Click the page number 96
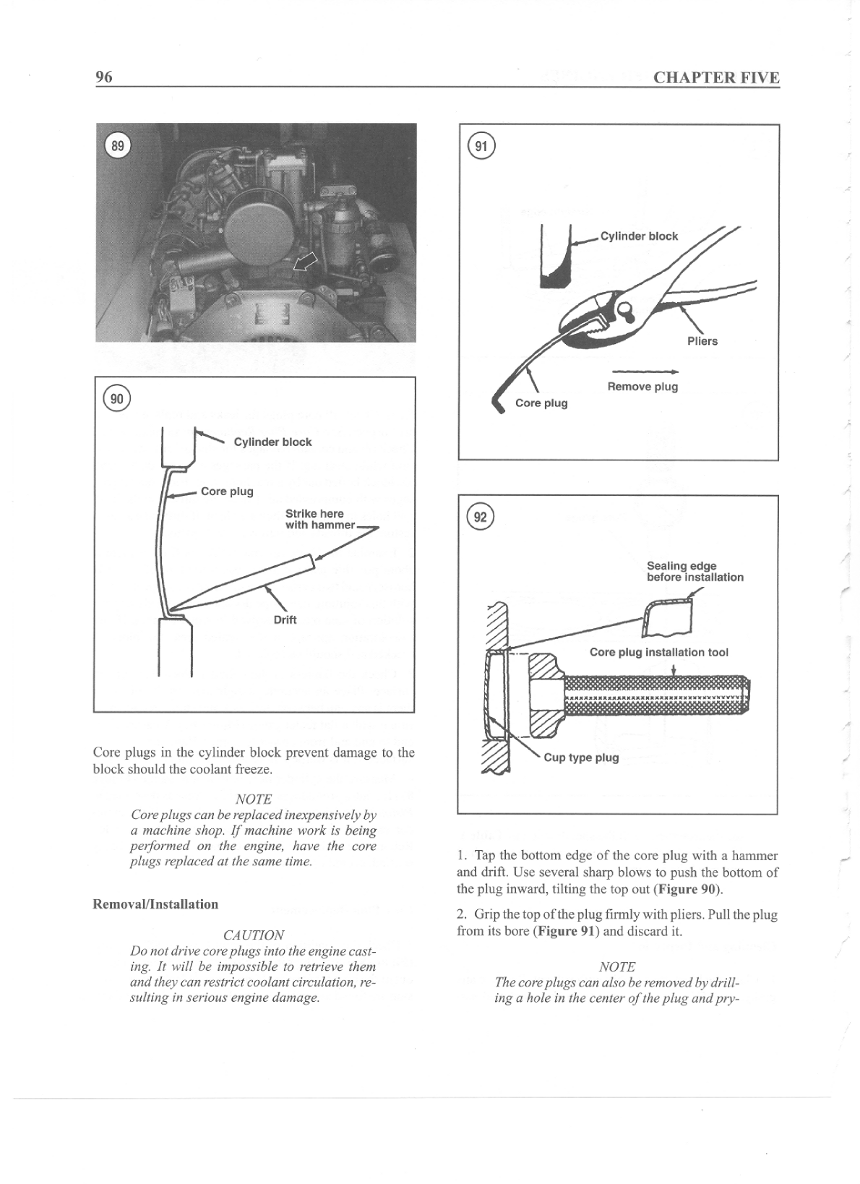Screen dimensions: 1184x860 pyautogui.click(x=103, y=77)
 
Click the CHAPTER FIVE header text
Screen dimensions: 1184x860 pyautogui.click(x=715, y=77)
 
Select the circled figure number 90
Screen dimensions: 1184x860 pyautogui.click(x=116, y=398)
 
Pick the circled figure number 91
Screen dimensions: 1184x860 pyautogui.click(x=480, y=146)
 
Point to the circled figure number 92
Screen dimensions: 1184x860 pyautogui.click(x=479, y=517)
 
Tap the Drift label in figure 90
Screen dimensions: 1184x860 pyautogui.click(x=285, y=620)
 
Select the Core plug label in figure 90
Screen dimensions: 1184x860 pyautogui.click(x=227, y=492)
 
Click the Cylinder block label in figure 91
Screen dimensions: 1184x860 pyautogui.click(x=639, y=236)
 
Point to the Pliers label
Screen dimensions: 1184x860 pyautogui.click(x=702, y=341)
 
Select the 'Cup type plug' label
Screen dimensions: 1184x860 pyautogui.click(x=581, y=758)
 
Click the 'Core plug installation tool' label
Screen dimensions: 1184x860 pyautogui.click(x=658, y=653)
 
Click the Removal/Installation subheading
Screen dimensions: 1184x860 pyautogui.click(x=155, y=904)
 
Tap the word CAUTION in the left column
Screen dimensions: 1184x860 pyautogui.click(x=253, y=935)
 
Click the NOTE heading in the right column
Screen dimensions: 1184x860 pyautogui.click(x=616, y=967)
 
